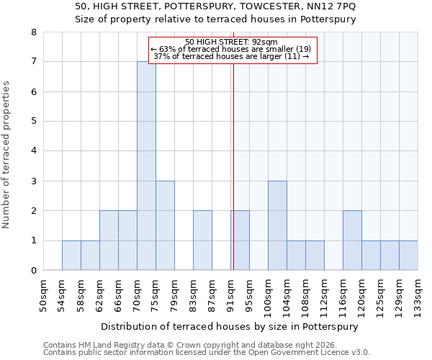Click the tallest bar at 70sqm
pos(146,166)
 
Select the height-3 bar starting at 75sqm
pos(165,225)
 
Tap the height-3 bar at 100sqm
pos(277,225)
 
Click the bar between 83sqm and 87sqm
pos(202,240)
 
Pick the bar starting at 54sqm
pos(71,256)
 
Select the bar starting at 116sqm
pos(352,240)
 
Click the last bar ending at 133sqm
pos(408,256)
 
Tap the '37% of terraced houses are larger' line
pos(232,56)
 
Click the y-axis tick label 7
pos(34,62)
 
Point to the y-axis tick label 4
pos(34,151)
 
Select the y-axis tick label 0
pos(34,271)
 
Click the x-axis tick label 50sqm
pos(44,295)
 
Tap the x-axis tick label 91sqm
pos(231,295)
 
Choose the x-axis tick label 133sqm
pos(418,295)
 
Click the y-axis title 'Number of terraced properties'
pos(7,155)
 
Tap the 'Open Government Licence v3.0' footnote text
pos(313,353)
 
